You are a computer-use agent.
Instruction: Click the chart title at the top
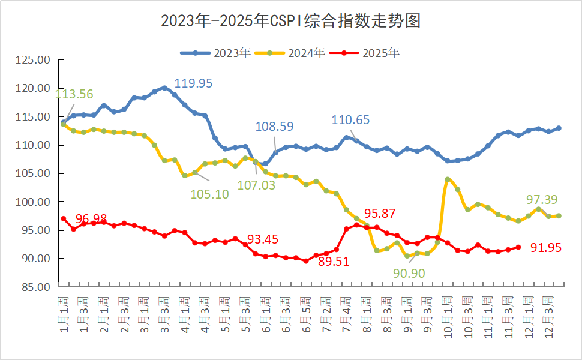(290, 21)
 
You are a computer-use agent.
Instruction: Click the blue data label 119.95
(193, 83)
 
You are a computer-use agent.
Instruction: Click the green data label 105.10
(209, 194)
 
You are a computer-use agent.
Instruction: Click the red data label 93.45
(263, 239)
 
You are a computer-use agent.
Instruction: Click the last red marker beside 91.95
(518, 247)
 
